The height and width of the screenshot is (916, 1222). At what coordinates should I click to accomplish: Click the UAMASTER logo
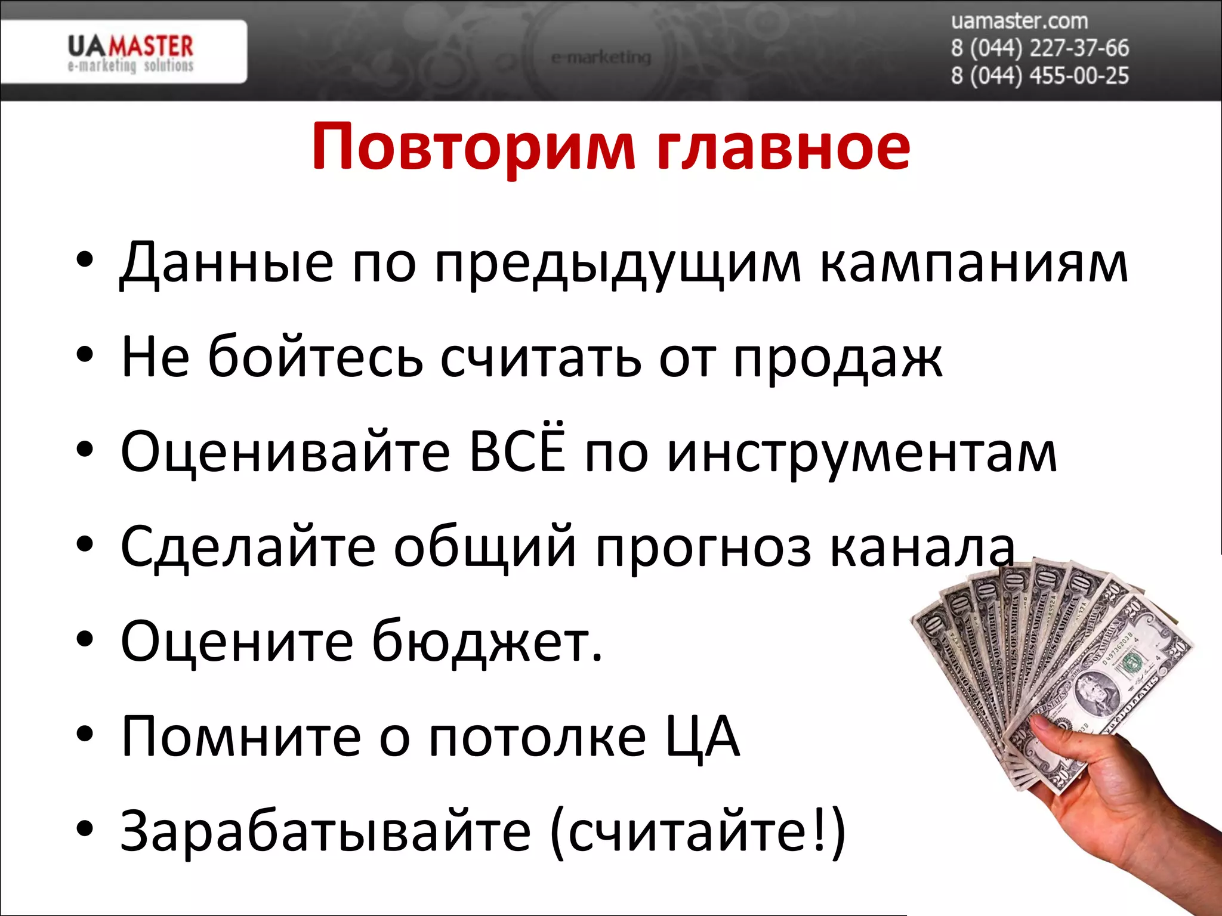(x=130, y=52)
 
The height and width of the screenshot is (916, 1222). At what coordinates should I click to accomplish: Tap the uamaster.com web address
(x=1019, y=21)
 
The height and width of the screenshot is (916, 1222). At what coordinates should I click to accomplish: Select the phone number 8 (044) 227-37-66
(x=1039, y=48)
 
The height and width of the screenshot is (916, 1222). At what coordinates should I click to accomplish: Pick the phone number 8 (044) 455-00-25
(x=1039, y=76)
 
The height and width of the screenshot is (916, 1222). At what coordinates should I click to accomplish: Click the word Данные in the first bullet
(x=227, y=262)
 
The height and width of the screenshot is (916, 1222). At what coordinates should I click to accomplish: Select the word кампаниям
(x=974, y=262)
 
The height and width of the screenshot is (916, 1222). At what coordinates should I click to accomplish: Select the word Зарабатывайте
(x=325, y=831)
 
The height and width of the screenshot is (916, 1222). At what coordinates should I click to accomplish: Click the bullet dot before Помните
(x=85, y=735)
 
